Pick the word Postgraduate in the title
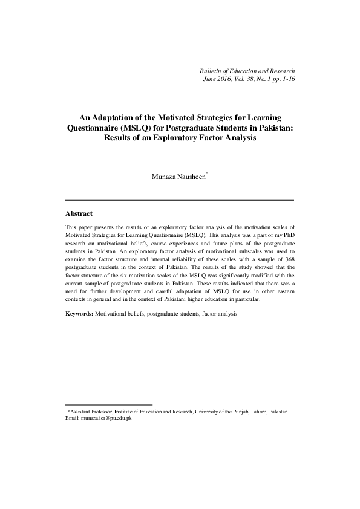(192, 128)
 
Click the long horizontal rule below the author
(179, 199)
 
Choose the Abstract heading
(79, 213)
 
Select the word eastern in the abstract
(284, 291)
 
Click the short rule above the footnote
(108, 404)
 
